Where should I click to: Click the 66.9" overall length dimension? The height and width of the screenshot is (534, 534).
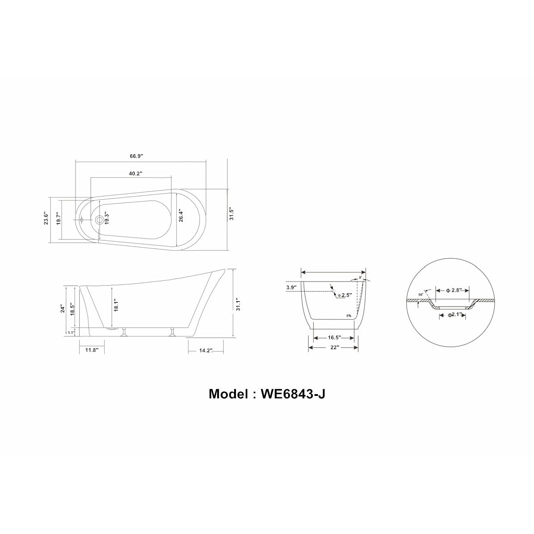136,156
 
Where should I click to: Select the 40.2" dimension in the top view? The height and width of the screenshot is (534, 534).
136,173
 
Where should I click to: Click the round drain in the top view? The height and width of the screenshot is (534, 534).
99,220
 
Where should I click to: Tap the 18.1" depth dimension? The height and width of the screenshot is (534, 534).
115,307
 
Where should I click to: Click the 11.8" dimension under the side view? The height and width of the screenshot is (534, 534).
92,350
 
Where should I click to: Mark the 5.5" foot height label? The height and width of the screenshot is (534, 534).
71,332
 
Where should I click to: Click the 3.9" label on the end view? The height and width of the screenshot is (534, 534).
291,288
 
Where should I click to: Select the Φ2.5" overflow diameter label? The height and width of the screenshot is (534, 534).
344,295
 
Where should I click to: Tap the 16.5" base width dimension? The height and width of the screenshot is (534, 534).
335,338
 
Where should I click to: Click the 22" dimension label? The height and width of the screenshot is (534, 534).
335,347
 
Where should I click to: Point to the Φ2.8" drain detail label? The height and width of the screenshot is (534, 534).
454,290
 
